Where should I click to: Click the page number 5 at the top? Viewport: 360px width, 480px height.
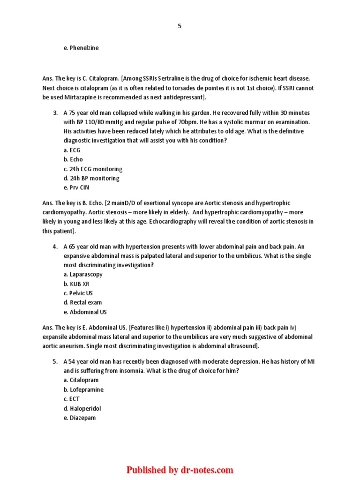[180, 26]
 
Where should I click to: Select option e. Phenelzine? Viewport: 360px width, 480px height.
[81, 48]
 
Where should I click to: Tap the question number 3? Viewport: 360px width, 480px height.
[55, 113]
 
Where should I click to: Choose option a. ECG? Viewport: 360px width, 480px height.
[72, 150]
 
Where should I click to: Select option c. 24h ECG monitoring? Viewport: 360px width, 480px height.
[93, 169]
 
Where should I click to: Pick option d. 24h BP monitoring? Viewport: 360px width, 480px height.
[91, 178]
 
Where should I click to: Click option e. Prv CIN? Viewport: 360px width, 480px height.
[76, 187]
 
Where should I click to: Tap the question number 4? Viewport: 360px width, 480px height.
[55, 247]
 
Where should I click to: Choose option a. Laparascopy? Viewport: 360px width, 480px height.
[83, 274]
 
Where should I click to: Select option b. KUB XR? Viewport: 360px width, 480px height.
[76, 284]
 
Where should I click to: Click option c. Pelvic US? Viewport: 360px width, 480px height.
[78, 293]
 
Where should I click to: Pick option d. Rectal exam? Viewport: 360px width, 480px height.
[82, 302]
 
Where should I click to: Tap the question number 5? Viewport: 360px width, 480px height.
[55, 361]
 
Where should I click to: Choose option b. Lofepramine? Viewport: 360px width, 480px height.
[83, 390]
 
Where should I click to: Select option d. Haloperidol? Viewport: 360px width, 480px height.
[82, 408]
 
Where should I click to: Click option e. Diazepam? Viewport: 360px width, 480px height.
[80, 418]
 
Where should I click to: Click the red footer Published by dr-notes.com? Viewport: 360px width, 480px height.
[180, 470]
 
